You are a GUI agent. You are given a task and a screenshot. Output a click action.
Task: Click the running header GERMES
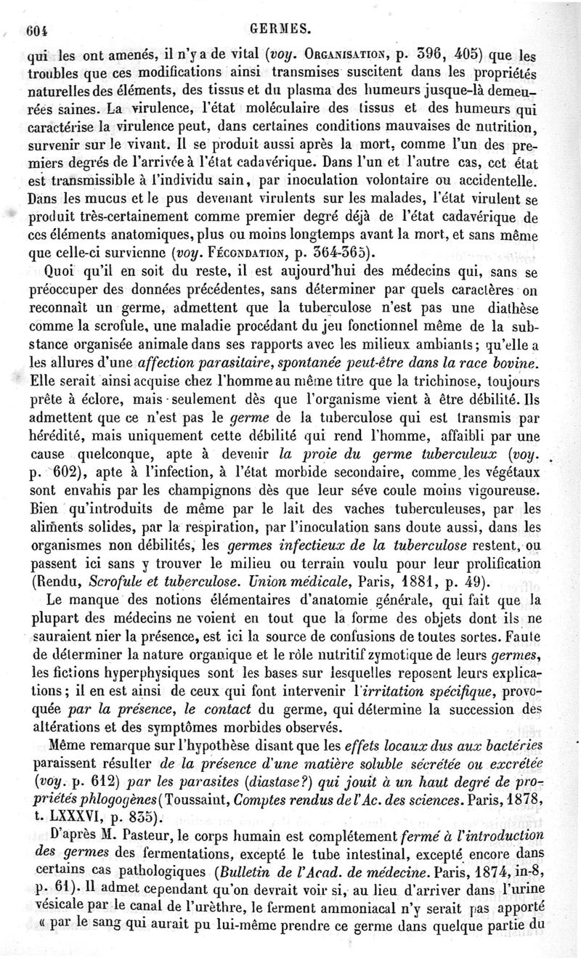click(x=280, y=28)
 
